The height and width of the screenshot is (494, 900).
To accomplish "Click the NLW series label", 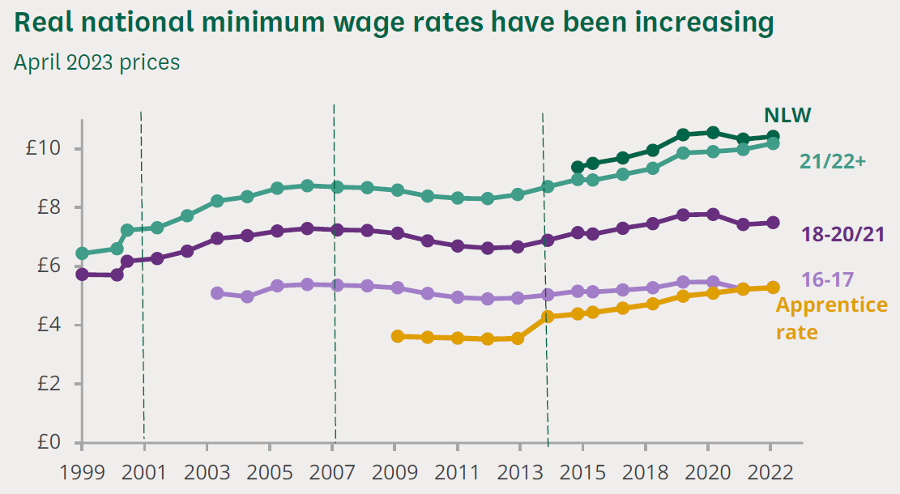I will coord(787,115).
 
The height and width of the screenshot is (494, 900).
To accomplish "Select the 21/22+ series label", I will coord(833,161).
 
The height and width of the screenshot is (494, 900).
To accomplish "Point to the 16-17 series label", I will coord(827,280).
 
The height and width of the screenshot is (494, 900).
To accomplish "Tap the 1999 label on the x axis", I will coord(82,471).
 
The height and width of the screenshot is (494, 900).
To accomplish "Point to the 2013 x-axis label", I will coord(519,471).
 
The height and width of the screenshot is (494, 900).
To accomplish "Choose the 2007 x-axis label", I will coord(332,471).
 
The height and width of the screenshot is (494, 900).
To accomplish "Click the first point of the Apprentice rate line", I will coord(397,336).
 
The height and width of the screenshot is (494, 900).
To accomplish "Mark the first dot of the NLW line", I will coord(577,167).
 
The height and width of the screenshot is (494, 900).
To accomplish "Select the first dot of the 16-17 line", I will coord(216,293).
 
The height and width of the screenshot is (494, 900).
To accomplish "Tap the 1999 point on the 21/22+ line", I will coord(82,253).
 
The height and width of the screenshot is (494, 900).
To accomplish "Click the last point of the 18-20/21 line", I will coord(773,223).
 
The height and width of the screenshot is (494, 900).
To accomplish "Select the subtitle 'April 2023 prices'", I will coord(96,62).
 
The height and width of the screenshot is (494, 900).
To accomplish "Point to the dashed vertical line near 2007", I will coord(335,275).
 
